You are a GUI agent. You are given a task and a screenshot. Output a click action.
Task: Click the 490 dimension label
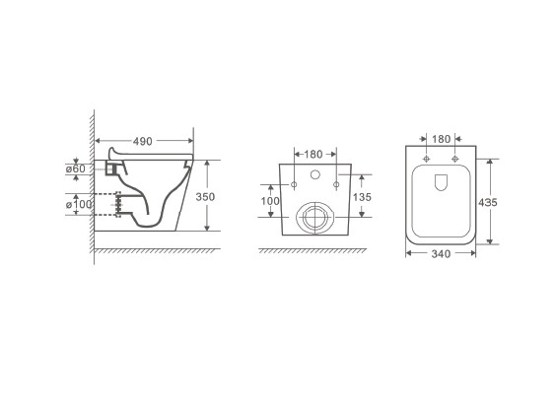[143, 141]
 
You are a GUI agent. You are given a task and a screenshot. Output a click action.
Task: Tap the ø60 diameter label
[76, 168]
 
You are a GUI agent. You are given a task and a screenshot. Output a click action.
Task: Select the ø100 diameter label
[79, 205]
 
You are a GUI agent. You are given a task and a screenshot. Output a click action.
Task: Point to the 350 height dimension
[205, 197]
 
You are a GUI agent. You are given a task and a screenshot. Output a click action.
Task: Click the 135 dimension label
[362, 197]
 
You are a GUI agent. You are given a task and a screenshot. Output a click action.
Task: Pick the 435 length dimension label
[488, 202]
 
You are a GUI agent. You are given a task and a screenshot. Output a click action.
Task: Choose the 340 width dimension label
[441, 254]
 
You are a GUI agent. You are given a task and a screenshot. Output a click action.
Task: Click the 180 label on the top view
[441, 139]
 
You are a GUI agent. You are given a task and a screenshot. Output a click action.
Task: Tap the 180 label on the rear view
[313, 155]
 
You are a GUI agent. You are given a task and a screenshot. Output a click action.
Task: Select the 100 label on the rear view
[270, 201]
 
